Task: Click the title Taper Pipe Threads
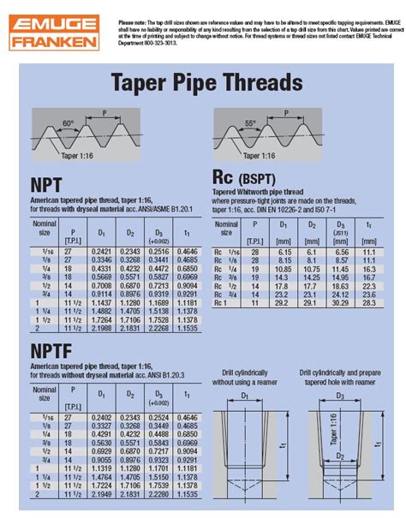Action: coord(206,83)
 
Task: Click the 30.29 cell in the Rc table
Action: coord(341,302)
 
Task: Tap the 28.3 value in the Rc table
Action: coord(369,302)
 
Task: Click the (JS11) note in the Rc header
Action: coord(341,229)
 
